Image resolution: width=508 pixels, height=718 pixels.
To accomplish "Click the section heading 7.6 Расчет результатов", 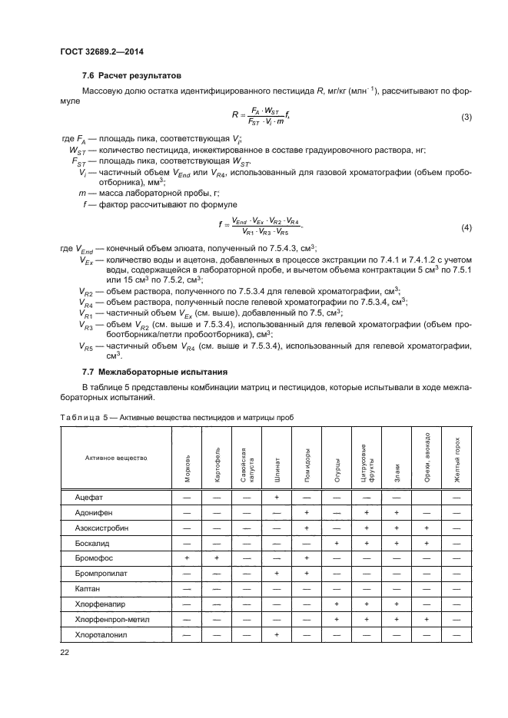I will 131,77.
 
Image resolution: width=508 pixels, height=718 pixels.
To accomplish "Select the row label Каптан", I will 88,590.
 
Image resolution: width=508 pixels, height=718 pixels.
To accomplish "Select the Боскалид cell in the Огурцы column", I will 336,544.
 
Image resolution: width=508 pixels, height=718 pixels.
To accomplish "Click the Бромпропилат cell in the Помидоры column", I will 306,574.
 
